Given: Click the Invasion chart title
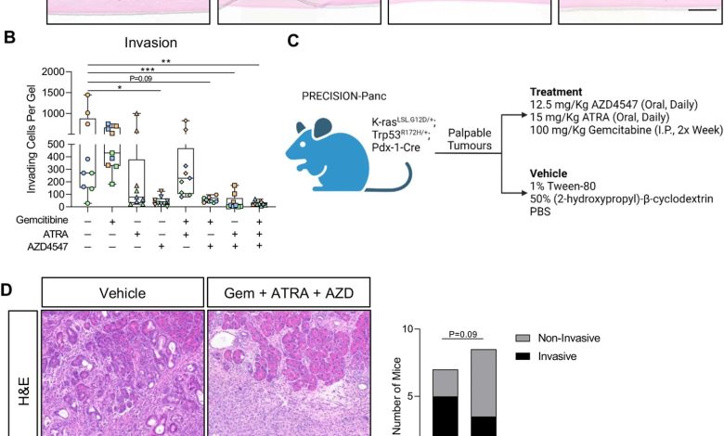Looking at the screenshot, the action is pos(150,43).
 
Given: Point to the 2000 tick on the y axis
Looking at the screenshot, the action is pos(53,71).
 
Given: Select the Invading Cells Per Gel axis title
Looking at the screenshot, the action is pos(32,139).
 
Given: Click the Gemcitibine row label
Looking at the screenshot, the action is pos(42,220).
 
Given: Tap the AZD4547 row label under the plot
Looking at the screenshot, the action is pos(47,247).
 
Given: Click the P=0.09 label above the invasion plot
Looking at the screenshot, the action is pos(141,79).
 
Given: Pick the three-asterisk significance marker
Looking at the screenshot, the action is pos(148,70).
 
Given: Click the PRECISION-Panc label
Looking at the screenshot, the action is pos(344,96).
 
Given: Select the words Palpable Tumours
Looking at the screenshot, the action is pos(470,139).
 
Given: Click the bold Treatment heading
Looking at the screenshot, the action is pos(556,92).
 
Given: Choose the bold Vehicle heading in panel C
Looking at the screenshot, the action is pos(549,173).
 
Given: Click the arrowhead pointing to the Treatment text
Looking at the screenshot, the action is pos(523,115).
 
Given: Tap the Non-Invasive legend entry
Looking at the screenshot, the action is pos(558,339).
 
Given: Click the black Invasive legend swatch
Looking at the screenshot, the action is pos(523,356).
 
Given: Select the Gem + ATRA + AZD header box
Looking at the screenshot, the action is pos(289,292).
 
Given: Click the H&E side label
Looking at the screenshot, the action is pos(23,391).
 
